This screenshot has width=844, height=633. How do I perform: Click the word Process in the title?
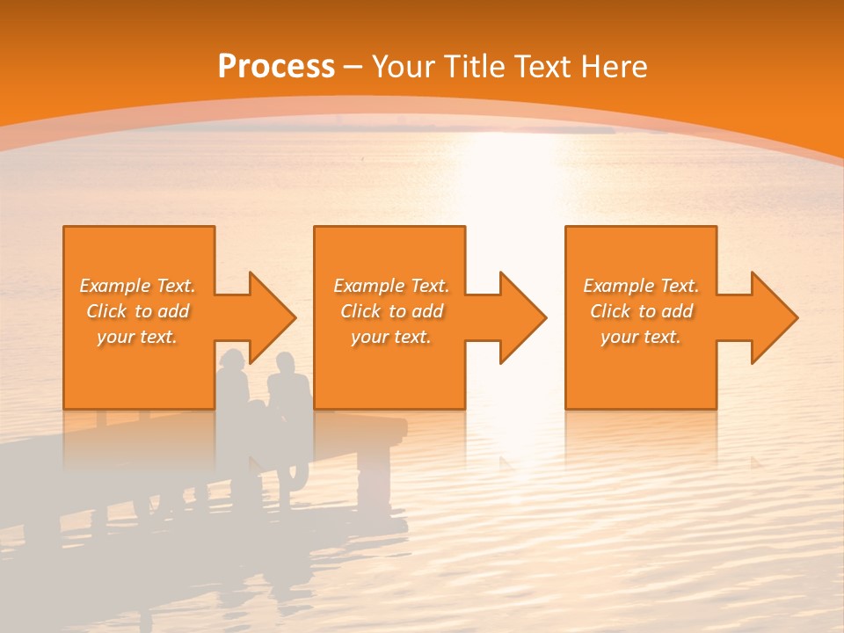(276, 66)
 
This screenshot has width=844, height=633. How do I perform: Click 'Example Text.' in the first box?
(137, 286)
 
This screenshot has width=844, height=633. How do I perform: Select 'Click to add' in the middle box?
(391, 311)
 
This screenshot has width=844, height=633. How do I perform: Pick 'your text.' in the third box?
(641, 337)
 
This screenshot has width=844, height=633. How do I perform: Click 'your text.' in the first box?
(137, 337)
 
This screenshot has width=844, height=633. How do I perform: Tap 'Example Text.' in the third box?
(641, 286)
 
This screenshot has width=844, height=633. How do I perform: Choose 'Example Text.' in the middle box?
(391, 286)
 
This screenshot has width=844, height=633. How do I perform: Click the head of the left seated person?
(233, 360)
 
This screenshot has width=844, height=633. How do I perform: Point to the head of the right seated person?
(285, 363)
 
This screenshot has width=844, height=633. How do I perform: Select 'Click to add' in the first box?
(137, 311)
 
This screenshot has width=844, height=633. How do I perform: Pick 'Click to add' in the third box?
(641, 311)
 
